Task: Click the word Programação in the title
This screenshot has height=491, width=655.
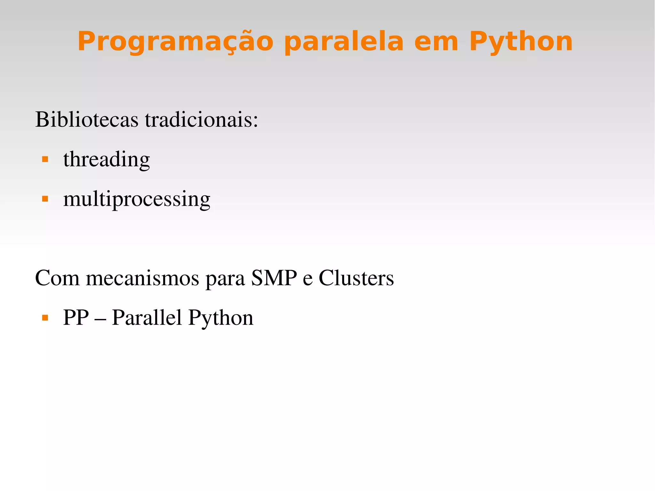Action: pyautogui.click(x=175, y=42)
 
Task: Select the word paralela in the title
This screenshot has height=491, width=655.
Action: pyautogui.click(x=344, y=42)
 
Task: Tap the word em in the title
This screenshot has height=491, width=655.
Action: pyautogui.click(x=436, y=42)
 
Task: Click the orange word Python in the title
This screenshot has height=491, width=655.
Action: pyautogui.click(x=521, y=42)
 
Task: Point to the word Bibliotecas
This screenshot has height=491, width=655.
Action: pyautogui.click(x=87, y=120)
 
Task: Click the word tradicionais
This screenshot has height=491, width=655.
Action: pyautogui.click(x=201, y=120)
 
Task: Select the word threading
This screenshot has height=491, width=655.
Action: pyautogui.click(x=107, y=159)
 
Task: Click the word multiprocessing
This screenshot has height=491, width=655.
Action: pyautogui.click(x=137, y=199)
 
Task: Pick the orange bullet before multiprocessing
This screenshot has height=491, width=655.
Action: pyautogui.click(x=45, y=199)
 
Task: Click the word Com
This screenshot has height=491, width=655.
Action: pyautogui.click(x=57, y=278)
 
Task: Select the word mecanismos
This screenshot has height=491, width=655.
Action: pyautogui.click(x=143, y=278)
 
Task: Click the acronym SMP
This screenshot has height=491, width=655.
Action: pyautogui.click(x=274, y=278)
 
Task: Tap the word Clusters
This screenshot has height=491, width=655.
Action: pyautogui.click(x=356, y=278)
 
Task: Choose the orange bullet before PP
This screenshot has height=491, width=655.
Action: pyautogui.click(x=45, y=318)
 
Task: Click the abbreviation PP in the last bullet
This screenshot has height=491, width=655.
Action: pyautogui.click(x=76, y=318)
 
